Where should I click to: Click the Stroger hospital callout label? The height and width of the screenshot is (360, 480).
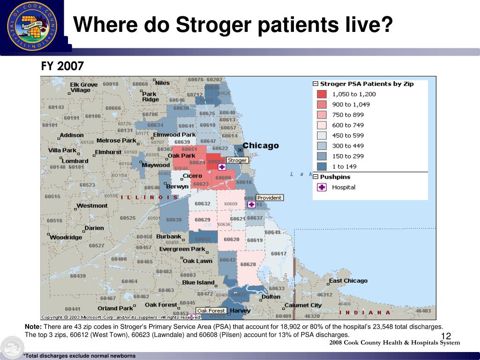[x=237, y=160]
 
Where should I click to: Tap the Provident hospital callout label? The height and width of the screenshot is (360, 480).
[x=270, y=198]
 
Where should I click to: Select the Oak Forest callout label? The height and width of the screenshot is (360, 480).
[x=211, y=311]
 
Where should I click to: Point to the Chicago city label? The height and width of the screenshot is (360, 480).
[x=261, y=145]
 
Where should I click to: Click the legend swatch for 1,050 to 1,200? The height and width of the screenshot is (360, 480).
[x=322, y=94]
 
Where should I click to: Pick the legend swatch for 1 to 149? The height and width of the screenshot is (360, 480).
[x=322, y=166]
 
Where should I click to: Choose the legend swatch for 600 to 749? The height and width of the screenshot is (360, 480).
[x=322, y=125]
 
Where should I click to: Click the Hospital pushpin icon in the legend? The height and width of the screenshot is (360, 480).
[x=322, y=187]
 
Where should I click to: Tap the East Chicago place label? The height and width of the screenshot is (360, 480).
[x=348, y=281]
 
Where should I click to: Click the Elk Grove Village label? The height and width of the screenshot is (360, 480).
[x=83, y=88]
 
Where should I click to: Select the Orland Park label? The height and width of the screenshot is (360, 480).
[x=115, y=308]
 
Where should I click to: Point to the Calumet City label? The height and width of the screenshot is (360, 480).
[x=304, y=305]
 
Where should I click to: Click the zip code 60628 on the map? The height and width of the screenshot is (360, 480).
[x=248, y=264]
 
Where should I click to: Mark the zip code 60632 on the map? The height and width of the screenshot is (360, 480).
[x=202, y=204]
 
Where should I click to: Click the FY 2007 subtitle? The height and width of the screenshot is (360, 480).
[x=62, y=67]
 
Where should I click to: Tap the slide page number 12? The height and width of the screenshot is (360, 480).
[x=446, y=336]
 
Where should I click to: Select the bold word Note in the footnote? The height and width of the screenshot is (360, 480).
[x=33, y=326]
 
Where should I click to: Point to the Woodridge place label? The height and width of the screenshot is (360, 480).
[x=66, y=237]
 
